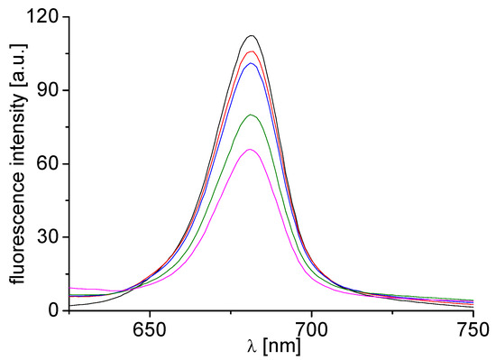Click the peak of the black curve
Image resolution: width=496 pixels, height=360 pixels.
point(253,36)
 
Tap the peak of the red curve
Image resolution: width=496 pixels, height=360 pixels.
point(253,51)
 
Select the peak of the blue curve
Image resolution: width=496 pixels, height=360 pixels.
point(253,63)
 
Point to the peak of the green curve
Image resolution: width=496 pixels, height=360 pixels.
point(253,115)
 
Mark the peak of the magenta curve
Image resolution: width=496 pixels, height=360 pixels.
point(252,150)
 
